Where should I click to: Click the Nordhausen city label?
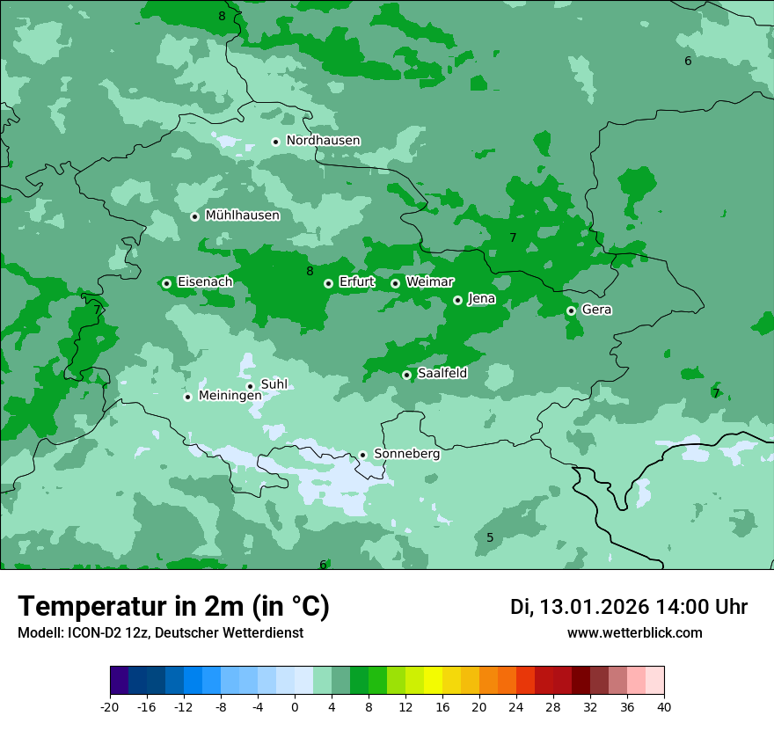(x=323, y=141)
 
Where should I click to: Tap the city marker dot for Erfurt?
(x=328, y=283)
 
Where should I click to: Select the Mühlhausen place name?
(x=242, y=215)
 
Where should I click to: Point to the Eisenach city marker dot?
(x=166, y=283)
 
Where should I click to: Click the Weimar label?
(x=429, y=282)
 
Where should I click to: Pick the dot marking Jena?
(x=457, y=300)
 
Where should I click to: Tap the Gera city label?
(x=596, y=310)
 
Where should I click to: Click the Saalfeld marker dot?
(x=406, y=375)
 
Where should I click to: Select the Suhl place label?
(x=274, y=384)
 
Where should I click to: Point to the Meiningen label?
(x=230, y=397)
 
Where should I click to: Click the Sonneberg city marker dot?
(x=362, y=455)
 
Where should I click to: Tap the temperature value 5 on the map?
(x=490, y=537)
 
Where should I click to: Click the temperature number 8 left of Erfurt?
(x=310, y=271)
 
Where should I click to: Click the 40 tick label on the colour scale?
(x=663, y=706)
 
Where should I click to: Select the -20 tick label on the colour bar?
(x=110, y=706)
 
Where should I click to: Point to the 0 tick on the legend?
(x=295, y=706)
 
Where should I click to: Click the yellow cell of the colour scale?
(x=433, y=681)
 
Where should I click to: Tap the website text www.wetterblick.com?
(x=634, y=632)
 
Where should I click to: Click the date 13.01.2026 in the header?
(x=594, y=607)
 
